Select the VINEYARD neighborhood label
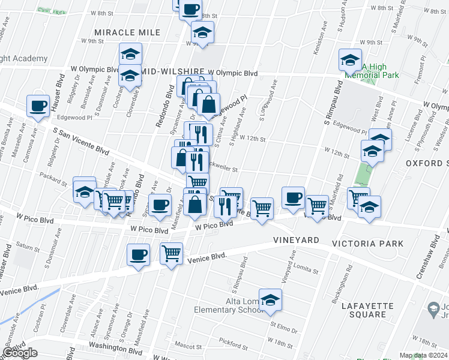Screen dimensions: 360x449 tap(296, 240)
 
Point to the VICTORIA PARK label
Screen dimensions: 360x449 tap(367, 244)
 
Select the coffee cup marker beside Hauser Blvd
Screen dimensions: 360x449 tap(39, 106)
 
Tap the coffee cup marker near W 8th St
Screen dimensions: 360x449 tap(191, 10)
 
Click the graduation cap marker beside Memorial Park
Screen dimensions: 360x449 tap(350, 61)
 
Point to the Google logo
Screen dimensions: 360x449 tap(20, 353)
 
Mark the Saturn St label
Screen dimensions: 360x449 tap(28, 246)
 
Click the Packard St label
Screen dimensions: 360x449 tap(53, 179)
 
